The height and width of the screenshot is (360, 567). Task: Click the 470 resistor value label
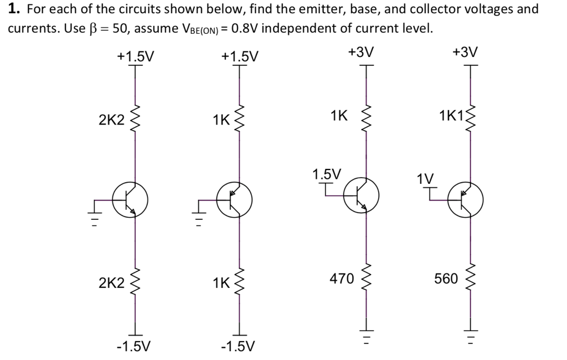point(342,279)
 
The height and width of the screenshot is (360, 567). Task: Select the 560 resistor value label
point(446,279)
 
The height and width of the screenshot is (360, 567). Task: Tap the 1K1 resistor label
point(452,116)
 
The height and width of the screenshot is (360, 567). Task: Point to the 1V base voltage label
point(425,179)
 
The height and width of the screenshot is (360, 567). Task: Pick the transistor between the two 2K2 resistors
point(130,200)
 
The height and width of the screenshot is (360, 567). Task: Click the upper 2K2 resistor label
point(111,120)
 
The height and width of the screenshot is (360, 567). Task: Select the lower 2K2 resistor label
point(111,284)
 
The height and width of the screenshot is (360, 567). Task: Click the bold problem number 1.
point(12,9)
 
